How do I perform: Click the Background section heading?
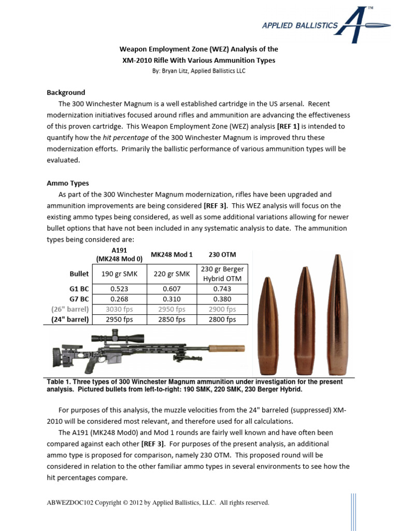pos(66,92)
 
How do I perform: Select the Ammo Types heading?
pos(68,183)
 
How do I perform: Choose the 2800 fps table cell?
pos(222,319)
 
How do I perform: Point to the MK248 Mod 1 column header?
pos(171,254)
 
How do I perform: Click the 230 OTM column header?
pos(222,254)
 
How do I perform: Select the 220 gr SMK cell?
pos(171,274)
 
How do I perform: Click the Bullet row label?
pos(79,274)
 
